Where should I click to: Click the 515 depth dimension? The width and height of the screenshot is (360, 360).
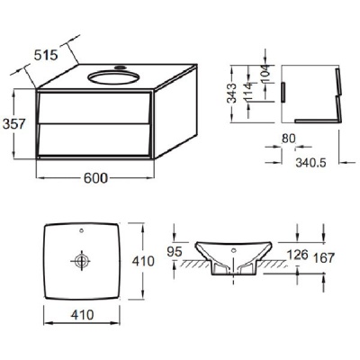point(45,55)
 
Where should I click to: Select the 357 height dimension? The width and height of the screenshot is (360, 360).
point(13,123)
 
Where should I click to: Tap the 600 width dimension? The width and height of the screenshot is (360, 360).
point(95,178)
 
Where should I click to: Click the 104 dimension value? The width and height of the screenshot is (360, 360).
point(265,74)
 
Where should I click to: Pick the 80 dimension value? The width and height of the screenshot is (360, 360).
point(289,139)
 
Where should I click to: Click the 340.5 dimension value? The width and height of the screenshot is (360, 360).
point(310,163)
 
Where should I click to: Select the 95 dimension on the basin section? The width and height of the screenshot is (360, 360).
point(175,252)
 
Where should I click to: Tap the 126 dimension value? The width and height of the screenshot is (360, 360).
point(298,255)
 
